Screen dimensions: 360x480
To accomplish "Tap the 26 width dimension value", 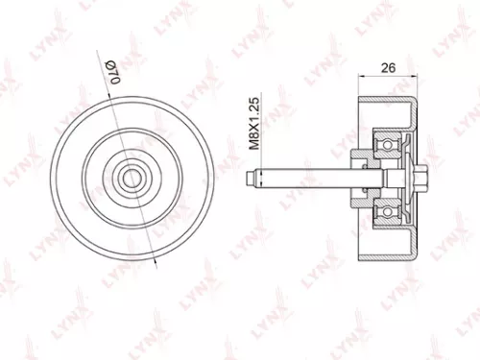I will point(388,67).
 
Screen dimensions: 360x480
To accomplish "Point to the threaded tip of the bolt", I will point(252,177).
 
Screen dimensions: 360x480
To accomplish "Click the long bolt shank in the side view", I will point(307,177).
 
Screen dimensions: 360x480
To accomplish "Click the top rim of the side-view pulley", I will point(387,102).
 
